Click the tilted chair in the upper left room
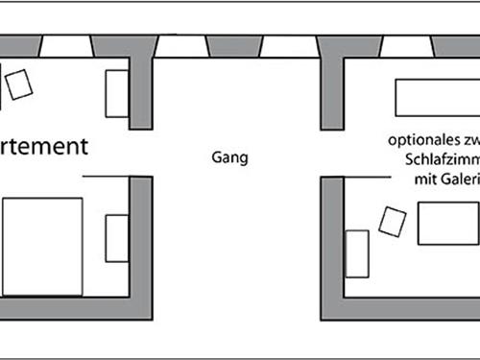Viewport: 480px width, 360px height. (19, 84)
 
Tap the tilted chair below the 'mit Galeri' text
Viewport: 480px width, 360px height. (392, 221)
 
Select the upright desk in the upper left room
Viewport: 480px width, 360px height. (116, 94)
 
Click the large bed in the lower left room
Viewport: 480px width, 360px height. (42, 247)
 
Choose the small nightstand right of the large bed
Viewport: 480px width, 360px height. (116, 238)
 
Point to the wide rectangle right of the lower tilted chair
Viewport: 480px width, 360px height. (447, 224)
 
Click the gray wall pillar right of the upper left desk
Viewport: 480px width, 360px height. (142, 86)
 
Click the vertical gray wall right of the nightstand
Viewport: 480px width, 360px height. (141, 245)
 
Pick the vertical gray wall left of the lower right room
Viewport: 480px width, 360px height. (332, 245)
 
